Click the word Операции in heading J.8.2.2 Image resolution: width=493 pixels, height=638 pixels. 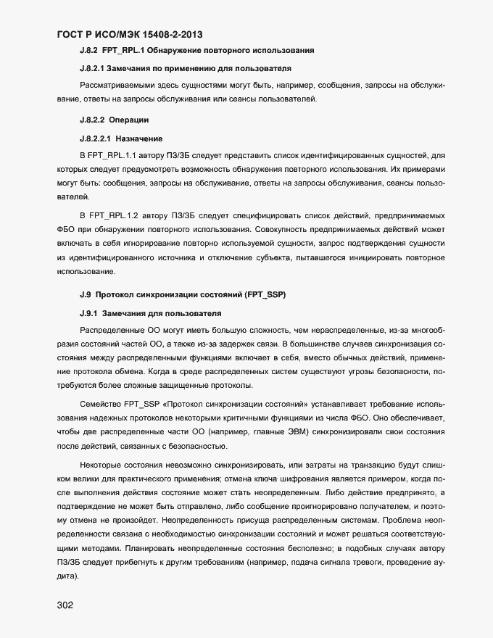click(129, 119)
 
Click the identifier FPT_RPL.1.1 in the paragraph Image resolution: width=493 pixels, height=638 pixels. click(114, 156)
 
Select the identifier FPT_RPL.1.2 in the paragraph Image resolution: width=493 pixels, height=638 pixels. click(114, 217)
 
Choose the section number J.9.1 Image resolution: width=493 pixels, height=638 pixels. click(88, 314)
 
